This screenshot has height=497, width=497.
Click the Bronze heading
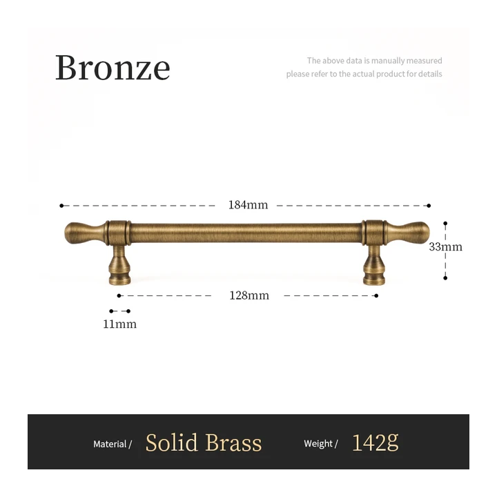click(x=113, y=67)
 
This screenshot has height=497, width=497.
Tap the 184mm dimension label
click(x=248, y=205)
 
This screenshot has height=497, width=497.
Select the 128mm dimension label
click(x=249, y=295)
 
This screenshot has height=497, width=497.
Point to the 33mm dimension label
click(x=445, y=247)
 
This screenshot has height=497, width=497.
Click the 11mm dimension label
click(x=120, y=324)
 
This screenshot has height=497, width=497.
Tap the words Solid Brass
click(x=204, y=442)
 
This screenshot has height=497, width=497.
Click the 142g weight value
click(x=375, y=442)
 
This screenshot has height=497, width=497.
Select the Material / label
click(x=113, y=444)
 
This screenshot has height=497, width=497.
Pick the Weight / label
click(x=321, y=443)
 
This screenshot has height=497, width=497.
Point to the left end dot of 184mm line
click(x=61, y=206)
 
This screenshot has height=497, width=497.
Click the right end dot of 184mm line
click(x=429, y=206)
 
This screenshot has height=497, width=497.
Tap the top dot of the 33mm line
click(x=445, y=224)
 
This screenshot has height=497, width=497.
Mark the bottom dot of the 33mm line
click(x=445, y=278)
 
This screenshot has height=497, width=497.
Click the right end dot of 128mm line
click(x=376, y=295)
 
